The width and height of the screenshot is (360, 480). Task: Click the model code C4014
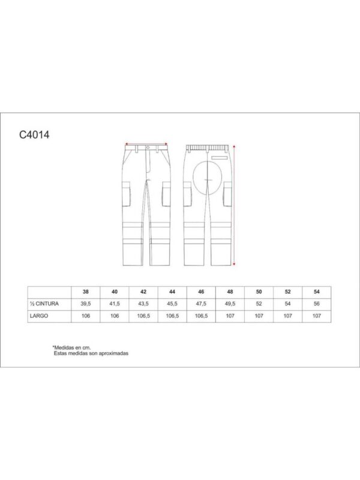pos(34,134)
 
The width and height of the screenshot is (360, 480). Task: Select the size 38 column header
pos(86,292)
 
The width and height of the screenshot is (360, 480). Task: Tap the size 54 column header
pos(317,292)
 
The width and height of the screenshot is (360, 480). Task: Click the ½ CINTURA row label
pos(44,304)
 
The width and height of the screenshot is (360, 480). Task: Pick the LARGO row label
pos(39,316)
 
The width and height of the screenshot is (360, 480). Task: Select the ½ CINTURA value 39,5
pos(86,304)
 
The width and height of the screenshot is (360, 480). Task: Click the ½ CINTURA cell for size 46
pos(201,304)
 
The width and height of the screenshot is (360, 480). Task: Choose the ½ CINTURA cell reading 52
pos(259,304)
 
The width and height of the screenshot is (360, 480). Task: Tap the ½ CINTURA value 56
pos(317,304)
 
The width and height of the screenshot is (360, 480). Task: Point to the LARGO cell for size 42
pos(143,316)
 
